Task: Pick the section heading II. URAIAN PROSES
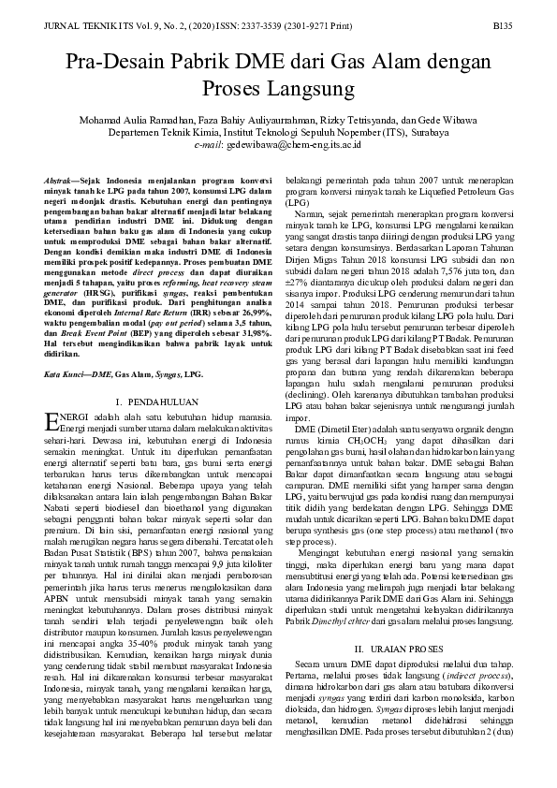[400, 622]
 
